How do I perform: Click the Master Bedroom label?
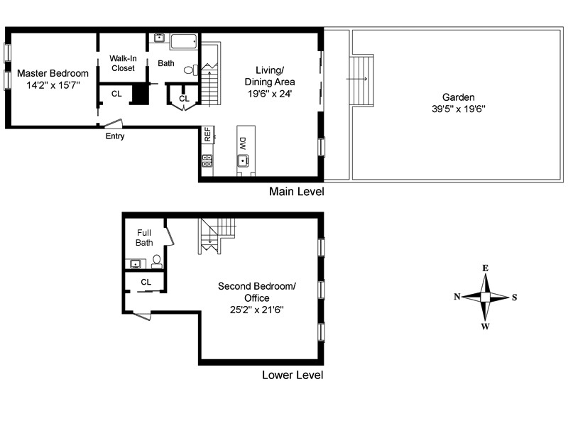pyautogui.click(x=53, y=73)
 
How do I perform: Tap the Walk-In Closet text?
pyautogui.click(x=123, y=63)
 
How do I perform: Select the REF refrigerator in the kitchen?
pyautogui.click(x=207, y=135)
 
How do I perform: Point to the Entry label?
pyautogui.click(x=115, y=136)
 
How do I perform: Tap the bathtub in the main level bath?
pyautogui.click(x=184, y=40)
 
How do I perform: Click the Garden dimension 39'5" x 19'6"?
pyautogui.click(x=459, y=109)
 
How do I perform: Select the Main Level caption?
pyautogui.click(x=296, y=192)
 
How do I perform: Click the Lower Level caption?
pyautogui.click(x=293, y=375)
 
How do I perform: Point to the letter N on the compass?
pyautogui.click(x=458, y=297)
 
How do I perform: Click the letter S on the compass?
pyautogui.click(x=515, y=297)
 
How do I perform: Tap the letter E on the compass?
pyautogui.click(x=486, y=268)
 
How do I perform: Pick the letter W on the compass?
pyautogui.click(x=486, y=327)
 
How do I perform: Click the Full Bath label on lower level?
pyautogui.click(x=144, y=237)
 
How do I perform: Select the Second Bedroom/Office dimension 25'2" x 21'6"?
pyautogui.click(x=256, y=310)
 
